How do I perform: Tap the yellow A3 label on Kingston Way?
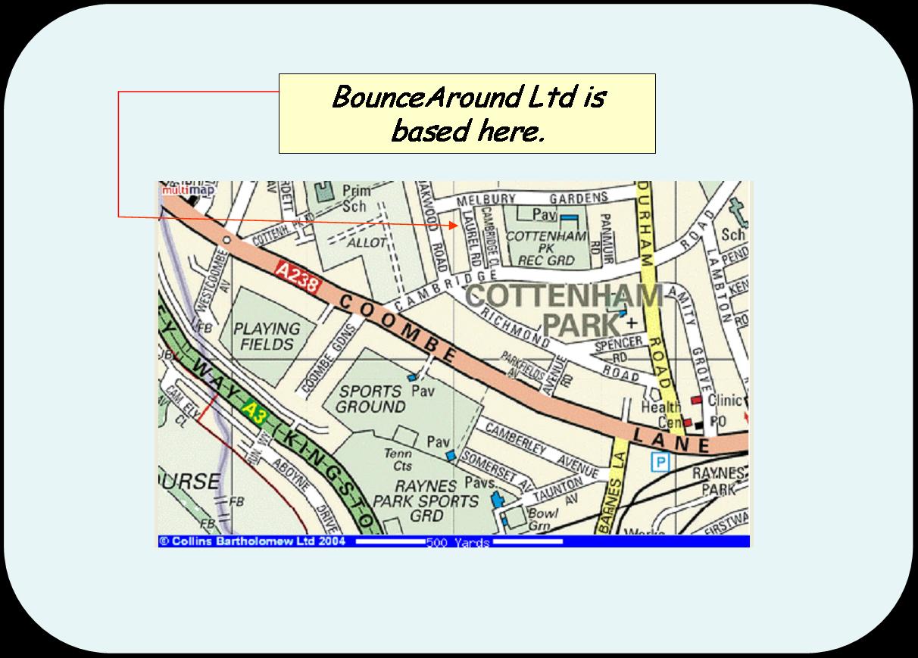coord(255,413)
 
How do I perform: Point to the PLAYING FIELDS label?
coord(267,336)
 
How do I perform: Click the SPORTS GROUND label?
coord(370,399)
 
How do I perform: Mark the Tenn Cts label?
coord(398,460)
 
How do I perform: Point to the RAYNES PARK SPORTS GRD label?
coord(426,501)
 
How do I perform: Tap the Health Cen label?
coord(661,414)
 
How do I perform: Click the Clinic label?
coord(724,400)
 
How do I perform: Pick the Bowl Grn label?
coord(542,519)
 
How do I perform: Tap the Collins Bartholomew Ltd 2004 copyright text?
coord(253,541)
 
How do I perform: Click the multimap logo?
coord(177,190)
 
